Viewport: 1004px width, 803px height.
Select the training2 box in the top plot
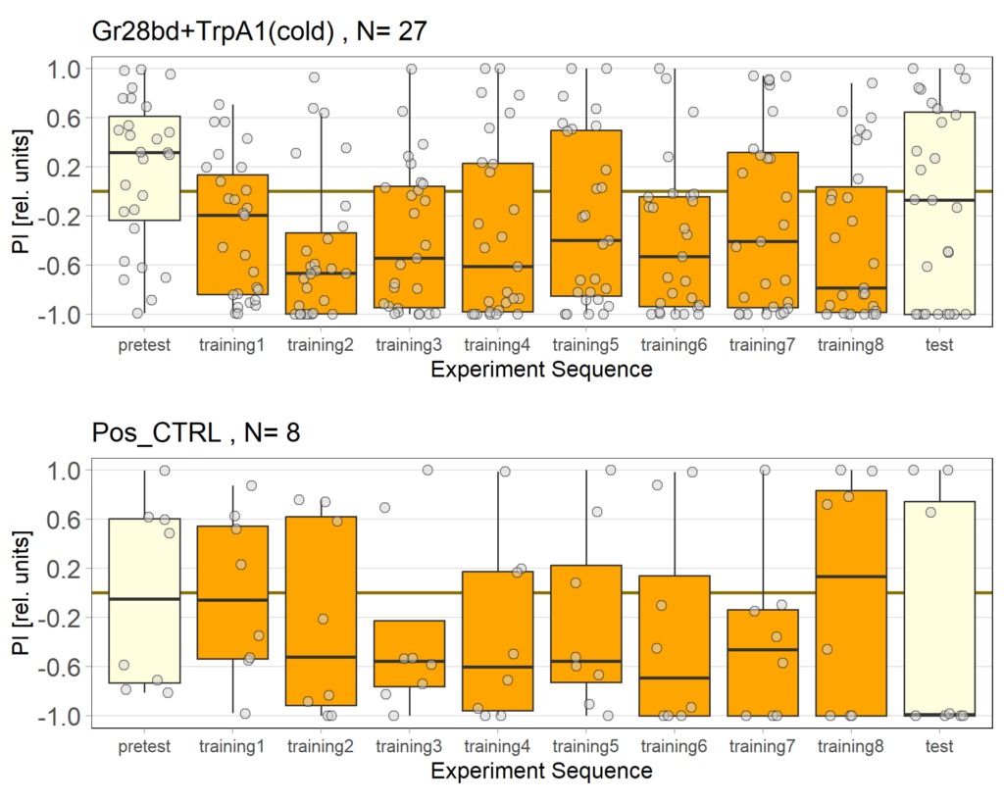coord(321,274)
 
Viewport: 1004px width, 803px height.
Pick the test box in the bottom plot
coord(939,608)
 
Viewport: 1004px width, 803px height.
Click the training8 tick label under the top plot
coord(851,345)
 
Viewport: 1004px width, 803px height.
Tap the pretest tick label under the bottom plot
coord(144,746)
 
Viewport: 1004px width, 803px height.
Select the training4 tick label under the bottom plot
coord(497,746)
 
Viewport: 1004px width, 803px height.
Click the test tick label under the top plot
coord(939,345)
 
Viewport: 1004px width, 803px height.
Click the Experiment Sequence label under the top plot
coord(541,370)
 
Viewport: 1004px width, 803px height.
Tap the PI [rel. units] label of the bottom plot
coord(21,592)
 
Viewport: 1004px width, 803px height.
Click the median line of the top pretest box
coord(144,153)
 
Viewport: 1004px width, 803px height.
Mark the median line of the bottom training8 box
coord(851,577)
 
